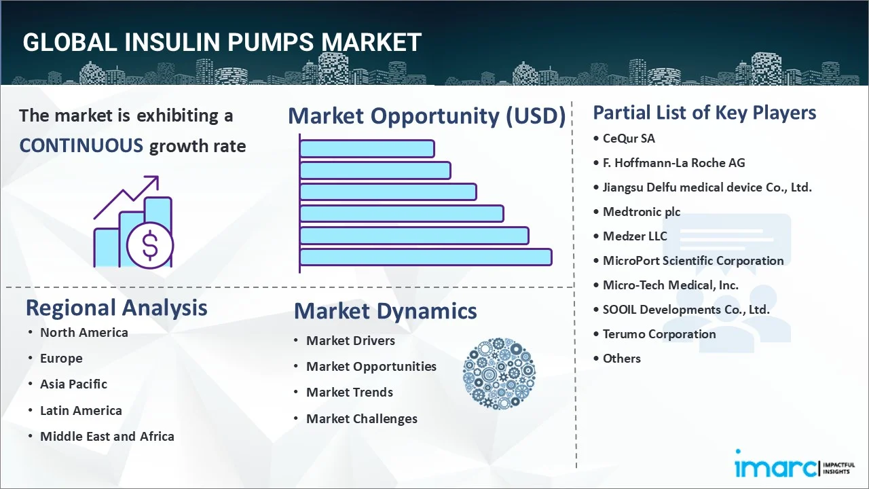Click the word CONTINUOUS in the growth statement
coord(81,145)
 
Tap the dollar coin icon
coord(150,246)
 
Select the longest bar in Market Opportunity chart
coord(425,257)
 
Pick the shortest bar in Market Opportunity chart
coord(367,148)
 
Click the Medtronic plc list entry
coord(641,212)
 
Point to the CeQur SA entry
coord(629,139)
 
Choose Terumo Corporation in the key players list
coord(659,334)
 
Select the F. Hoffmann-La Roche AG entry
coord(673,163)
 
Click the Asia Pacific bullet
coord(73,384)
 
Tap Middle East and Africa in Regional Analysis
coord(107,437)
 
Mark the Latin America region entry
coord(81,411)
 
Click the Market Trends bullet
coord(349,393)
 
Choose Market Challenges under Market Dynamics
coord(361,419)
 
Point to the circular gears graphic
coord(499,374)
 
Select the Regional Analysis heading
coord(116,308)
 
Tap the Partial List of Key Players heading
coord(704,113)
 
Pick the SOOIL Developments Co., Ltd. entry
coord(686,310)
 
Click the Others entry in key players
coord(621,359)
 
